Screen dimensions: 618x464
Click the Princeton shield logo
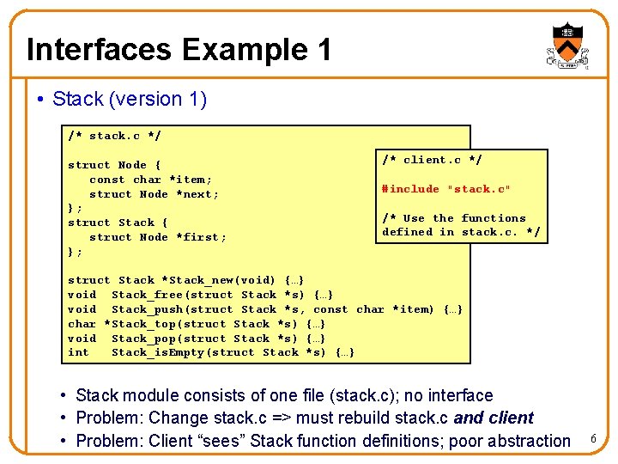tap(567, 46)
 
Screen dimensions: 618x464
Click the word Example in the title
tap(245, 50)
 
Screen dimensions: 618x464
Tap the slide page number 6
tap(593, 438)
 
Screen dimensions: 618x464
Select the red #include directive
tap(445, 189)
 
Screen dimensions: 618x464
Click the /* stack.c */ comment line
tap(114, 136)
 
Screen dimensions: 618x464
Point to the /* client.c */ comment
tap(432, 160)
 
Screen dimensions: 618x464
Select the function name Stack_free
tap(148, 295)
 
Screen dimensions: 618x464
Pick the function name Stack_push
tap(148, 309)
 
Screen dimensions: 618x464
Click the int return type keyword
tap(78, 352)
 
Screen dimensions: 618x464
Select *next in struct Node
tap(193, 194)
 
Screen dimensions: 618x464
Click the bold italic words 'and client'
tap(494, 418)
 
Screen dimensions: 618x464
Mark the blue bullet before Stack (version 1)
tap(40, 99)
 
